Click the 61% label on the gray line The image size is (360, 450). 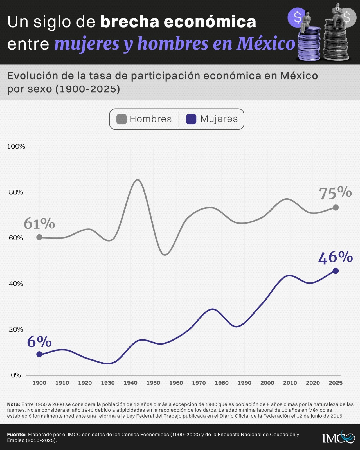coord(39,224)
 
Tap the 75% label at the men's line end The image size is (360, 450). coord(335,193)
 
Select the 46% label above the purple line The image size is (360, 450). coord(336,257)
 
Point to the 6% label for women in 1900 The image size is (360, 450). coord(39,342)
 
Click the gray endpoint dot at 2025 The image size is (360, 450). coord(336,208)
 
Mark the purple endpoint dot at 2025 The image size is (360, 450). coord(336,271)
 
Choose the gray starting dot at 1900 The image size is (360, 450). coord(39,237)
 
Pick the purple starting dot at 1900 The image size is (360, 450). coord(39,354)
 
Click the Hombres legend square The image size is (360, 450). coord(121,119)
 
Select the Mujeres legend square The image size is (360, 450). coord(191,119)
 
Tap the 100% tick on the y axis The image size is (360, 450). coord(16,146)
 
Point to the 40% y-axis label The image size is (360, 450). coord(16,283)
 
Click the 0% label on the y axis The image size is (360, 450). coord(16,375)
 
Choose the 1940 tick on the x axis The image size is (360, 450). coord(130,383)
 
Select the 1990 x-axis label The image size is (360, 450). coord(244,383)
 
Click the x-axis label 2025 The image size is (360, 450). coord(336,383)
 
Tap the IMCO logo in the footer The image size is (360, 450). coord(338,437)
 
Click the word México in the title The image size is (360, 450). coord(266,44)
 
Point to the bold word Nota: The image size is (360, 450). coord(13,404)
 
